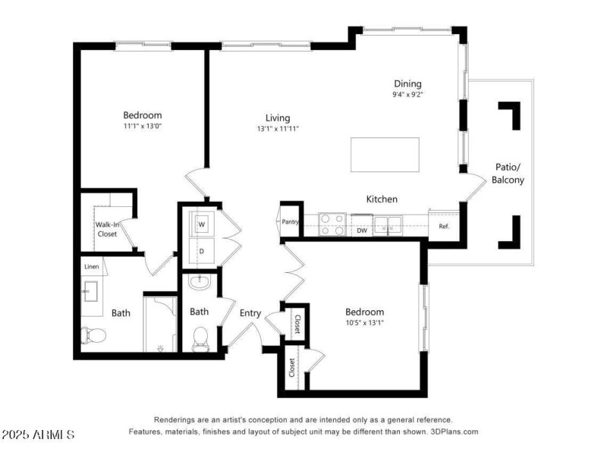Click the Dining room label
pyautogui.click(x=407, y=83)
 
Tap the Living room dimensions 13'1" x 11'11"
pyautogui.click(x=278, y=129)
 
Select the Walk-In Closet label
pyautogui.click(x=107, y=230)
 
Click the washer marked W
pyautogui.click(x=201, y=224)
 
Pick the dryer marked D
pyautogui.click(x=201, y=251)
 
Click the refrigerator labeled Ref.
pyautogui.click(x=444, y=225)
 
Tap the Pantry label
pyautogui.click(x=291, y=221)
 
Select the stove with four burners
pyautogui.click(x=332, y=224)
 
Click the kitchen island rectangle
pyautogui.click(x=385, y=155)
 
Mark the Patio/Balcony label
pyautogui.click(x=508, y=174)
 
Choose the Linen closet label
pyautogui.click(x=92, y=267)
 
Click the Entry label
pyautogui.click(x=250, y=313)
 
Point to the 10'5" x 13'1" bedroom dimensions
pyautogui.click(x=365, y=323)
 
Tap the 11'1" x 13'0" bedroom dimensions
pyautogui.click(x=143, y=126)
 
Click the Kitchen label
pyautogui.click(x=382, y=199)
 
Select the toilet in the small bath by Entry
pyautogui.click(x=200, y=339)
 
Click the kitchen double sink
pyautogui.click(x=388, y=224)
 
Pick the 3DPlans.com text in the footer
pyautogui.click(x=454, y=431)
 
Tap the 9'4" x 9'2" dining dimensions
pyautogui.click(x=407, y=94)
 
